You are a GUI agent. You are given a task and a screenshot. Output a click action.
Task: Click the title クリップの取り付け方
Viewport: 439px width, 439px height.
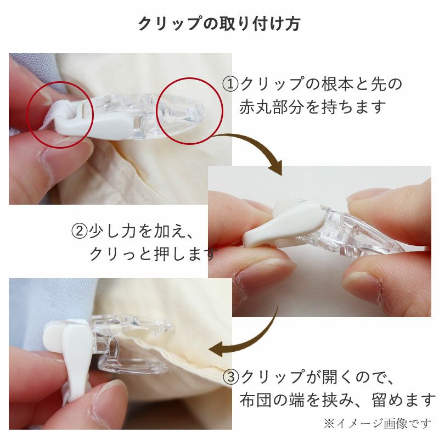219,24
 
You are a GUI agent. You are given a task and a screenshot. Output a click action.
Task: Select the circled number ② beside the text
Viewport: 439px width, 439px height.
79,231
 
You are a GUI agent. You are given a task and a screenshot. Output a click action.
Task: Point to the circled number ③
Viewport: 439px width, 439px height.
230,377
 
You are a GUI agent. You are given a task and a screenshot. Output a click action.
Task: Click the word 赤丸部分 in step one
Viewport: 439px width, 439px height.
271,107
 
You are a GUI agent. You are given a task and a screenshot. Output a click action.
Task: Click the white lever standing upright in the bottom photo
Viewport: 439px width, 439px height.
76,361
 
